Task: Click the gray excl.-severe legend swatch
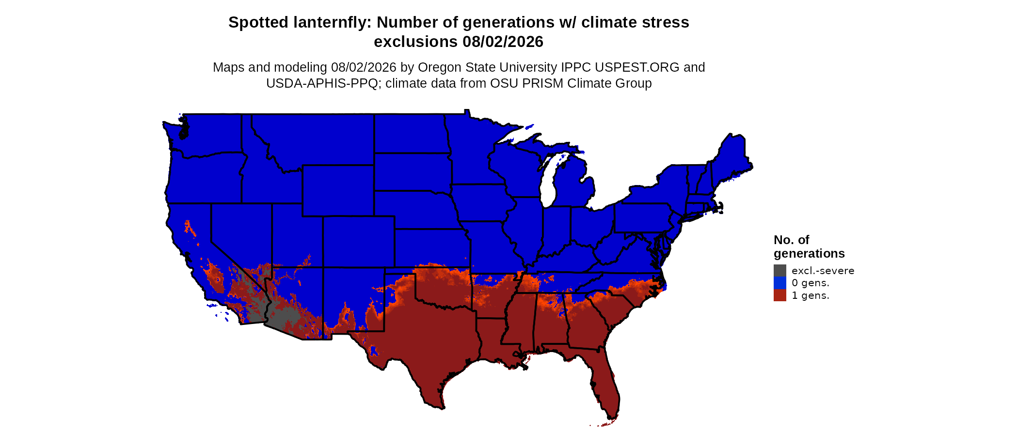click(x=780, y=271)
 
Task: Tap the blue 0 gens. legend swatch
click(x=780, y=283)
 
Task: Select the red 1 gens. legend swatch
click(x=780, y=295)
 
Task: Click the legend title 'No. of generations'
click(x=809, y=247)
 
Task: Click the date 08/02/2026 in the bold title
click(x=503, y=42)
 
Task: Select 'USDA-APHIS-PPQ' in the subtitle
click(x=322, y=83)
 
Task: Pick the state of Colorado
click(x=359, y=242)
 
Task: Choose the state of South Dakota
click(x=413, y=172)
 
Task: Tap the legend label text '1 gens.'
click(x=811, y=295)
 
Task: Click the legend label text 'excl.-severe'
click(x=823, y=271)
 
